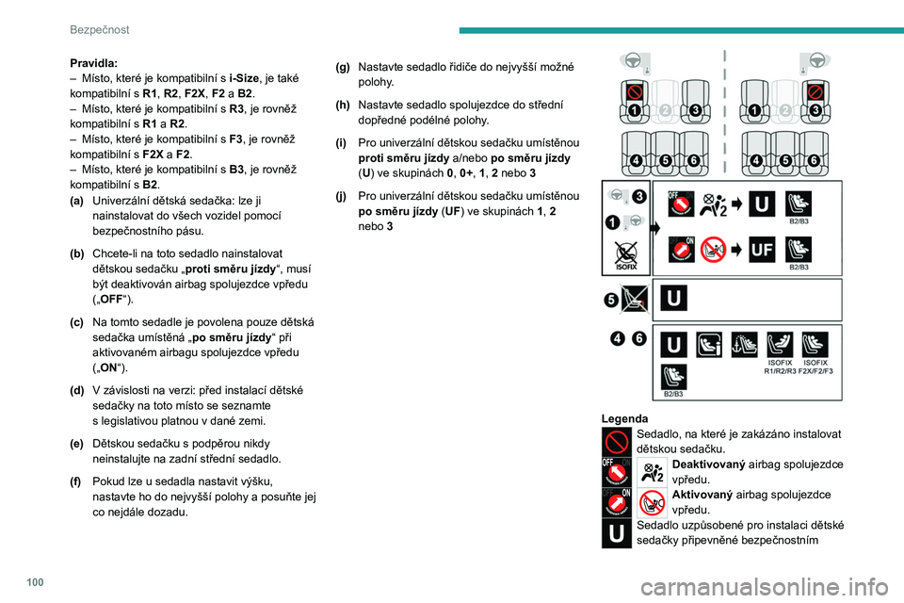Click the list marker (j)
[341, 195]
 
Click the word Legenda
[624, 417]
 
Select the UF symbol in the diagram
[762, 250]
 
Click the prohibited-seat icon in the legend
[617, 441]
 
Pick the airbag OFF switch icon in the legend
[617, 471]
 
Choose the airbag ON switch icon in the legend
[617, 502]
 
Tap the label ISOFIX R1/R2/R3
[782, 367]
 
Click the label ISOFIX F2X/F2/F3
[815, 367]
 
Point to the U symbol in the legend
[617, 532]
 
